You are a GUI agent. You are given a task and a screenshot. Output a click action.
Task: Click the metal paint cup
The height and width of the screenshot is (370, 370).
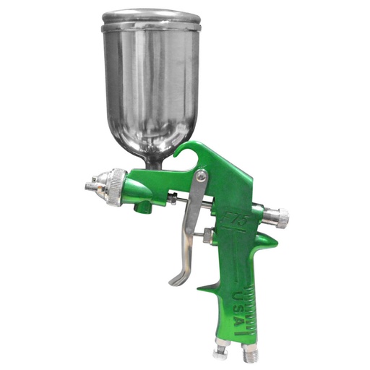[150, 79]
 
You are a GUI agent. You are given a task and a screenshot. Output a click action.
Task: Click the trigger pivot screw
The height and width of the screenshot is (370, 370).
[200, 176]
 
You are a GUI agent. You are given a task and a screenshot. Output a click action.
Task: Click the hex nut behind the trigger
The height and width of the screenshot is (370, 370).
[207, 236]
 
